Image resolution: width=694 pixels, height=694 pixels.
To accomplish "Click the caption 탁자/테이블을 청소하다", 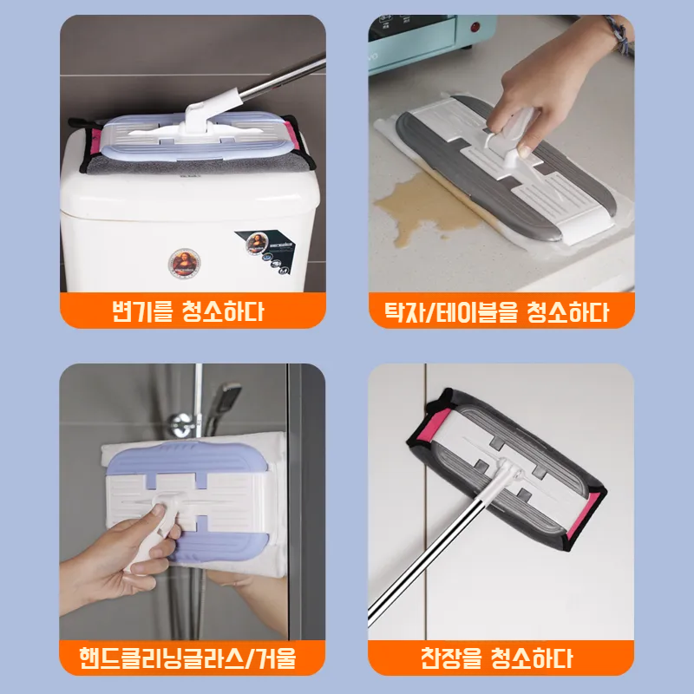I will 497,311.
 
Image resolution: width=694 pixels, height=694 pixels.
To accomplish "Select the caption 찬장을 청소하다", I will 497,657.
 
